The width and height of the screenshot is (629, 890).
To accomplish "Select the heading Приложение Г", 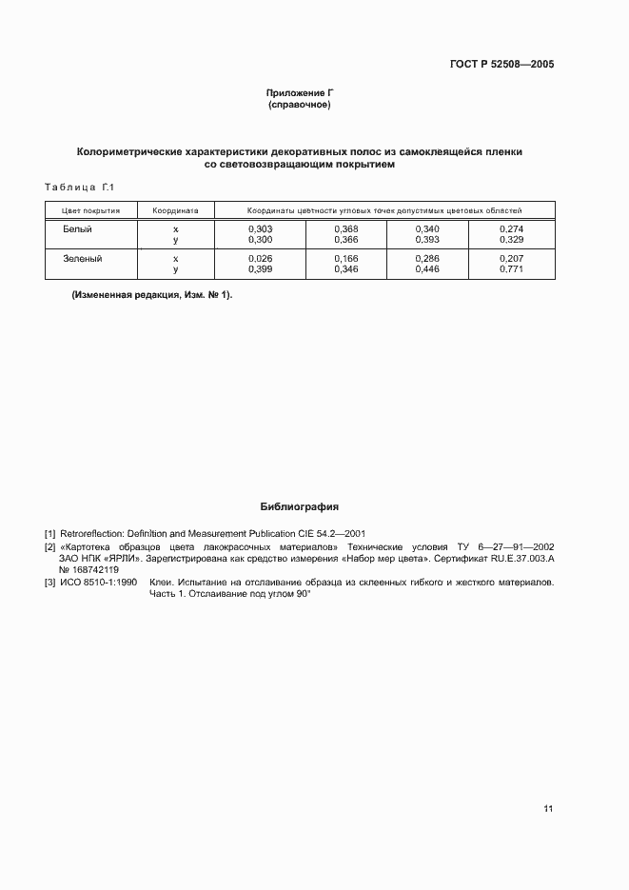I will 299,93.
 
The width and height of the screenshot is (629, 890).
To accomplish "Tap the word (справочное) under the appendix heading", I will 299,105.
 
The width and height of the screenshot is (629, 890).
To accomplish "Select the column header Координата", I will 175,210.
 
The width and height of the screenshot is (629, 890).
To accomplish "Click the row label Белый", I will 77,229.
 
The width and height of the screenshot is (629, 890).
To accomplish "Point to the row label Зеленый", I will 82,258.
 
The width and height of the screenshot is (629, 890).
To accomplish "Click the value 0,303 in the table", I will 260,229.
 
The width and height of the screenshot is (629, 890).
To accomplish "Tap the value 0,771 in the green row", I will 511,270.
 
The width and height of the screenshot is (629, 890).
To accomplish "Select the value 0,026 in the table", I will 260,259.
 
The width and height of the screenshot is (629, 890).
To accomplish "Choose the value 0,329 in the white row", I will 511,241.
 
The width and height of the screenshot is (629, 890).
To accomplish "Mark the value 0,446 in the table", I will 427,270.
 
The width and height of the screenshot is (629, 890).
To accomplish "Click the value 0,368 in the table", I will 345,229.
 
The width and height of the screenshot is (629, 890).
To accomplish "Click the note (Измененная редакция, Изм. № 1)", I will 152,295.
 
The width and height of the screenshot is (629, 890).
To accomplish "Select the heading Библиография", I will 299,507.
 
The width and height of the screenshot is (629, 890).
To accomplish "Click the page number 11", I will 548,809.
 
